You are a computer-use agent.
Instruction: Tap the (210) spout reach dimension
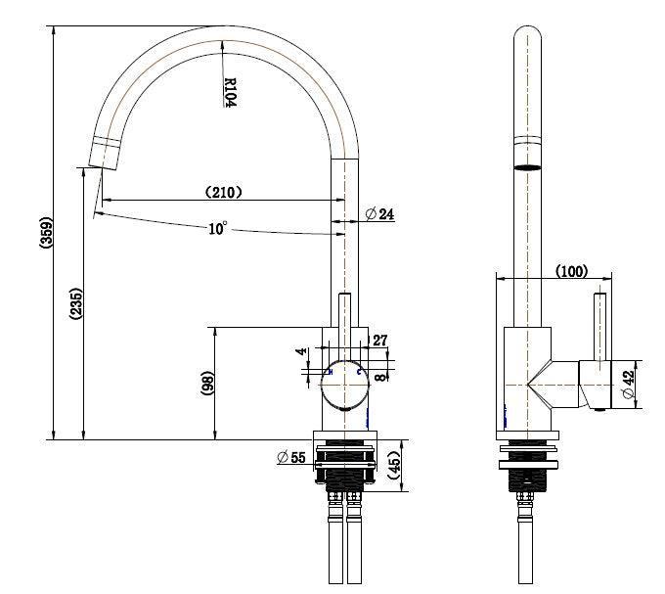(x=223, y=192)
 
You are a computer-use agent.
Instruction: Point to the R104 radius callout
(x=230, y=94)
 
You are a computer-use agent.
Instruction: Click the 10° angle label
(x=217, y=228)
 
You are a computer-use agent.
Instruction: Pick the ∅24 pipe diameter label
(x=379, y=213)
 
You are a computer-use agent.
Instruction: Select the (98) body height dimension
(x=207, y=383)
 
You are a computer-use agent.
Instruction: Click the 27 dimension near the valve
(x=380, y=341)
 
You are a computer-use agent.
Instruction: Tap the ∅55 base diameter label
(x=291, y=456)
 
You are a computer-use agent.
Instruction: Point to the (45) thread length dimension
(x=392, y=464)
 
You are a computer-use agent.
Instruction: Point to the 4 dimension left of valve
(x=302, y=350)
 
